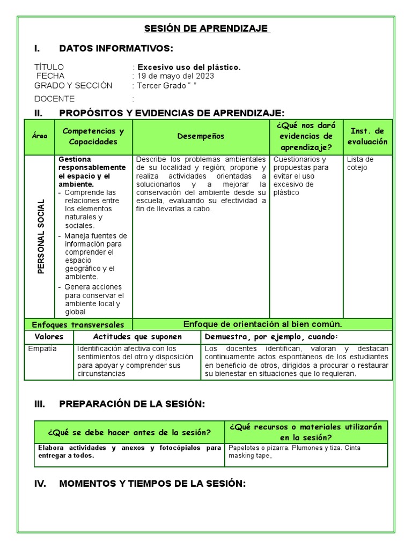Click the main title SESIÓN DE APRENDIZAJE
[208, 28]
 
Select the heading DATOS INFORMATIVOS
[116, 49]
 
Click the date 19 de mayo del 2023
[175, 76]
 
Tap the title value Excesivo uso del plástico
[189, 67]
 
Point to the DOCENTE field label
[55, 99]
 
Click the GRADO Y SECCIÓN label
[73, 85]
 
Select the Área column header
[40, 136]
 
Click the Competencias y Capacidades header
[93, 136]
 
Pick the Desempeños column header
[201, 136]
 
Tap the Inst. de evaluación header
[367, 136]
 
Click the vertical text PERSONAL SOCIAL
[41, 236]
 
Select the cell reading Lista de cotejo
[360, 164]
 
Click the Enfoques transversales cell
[78, 324]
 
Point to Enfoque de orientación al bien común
[262, 324]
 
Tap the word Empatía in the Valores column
[42, 348]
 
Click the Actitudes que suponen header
[137, 337]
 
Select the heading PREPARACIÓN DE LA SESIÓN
[132, 404]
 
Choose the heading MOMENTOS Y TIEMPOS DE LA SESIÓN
[152, 483]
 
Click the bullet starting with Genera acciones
[93, 299]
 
